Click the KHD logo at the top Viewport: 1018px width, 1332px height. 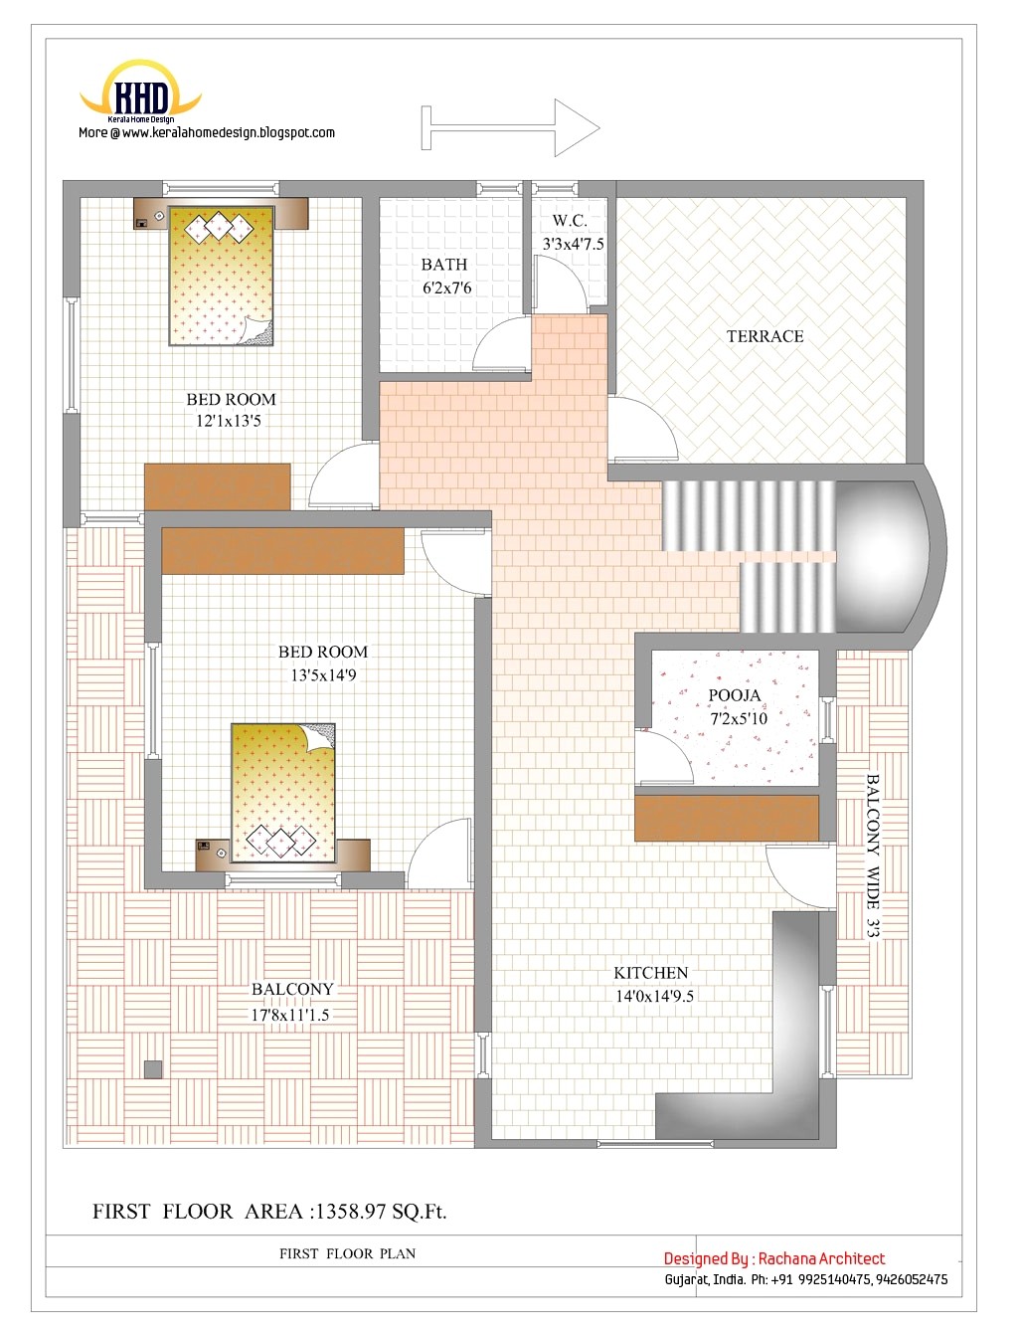pyautogui.click(x=141, y=96)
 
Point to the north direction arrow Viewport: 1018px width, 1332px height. pyautogui.click(x=512, y=127)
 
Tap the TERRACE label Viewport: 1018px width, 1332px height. pyautogui.click(x=764, y=336)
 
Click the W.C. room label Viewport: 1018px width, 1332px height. pyautogui.click(x=570, y=221)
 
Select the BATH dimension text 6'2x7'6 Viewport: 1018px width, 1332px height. pyautogui.click(x=446, y=288)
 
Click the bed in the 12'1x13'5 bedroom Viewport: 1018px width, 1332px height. pyautogui.click(x=222, y=276)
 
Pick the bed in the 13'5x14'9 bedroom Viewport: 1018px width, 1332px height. pyautogui.click(x=283, y=792)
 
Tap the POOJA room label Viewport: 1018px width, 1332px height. pyautogui.click(x=735, y=695)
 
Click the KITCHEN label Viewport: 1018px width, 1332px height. pyautogui.click(x=650, y=973)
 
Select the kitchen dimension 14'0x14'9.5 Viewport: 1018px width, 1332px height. pyautogui.click(x=654, y=996)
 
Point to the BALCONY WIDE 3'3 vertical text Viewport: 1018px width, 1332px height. pyautogui.click(x=873, y=856)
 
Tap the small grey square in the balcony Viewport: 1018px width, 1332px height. pyautogui.click(x=152, y=1069)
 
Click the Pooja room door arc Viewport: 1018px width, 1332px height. pyautogui.click(x=663, y=757)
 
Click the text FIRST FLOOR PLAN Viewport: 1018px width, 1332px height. pyautogui.click(x=347, y=1253)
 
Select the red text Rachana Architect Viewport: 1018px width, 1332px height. pyautogui.click(x=821, y=1258)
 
